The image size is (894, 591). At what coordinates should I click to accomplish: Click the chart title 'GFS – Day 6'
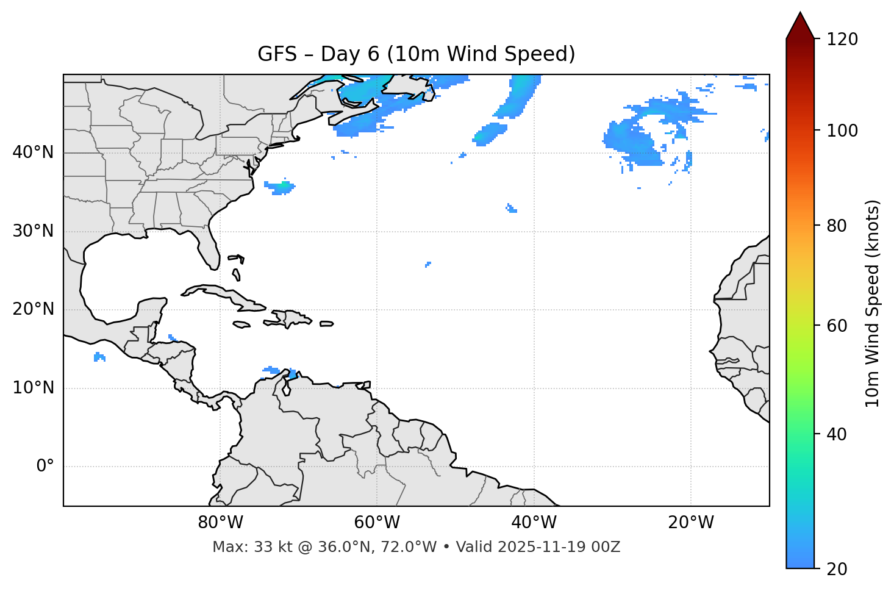tap(416, 54)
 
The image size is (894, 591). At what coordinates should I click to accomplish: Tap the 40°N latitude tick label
tap(33, 152)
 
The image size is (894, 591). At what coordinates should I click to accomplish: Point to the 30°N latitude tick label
tap(33, 231)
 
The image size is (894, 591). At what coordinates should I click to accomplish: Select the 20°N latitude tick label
tap(33, 309)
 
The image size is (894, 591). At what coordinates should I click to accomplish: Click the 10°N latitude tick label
tap(33, 388)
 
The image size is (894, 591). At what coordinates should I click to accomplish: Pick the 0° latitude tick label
tap(45, 467)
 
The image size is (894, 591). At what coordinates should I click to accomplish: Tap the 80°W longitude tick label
tap(220, 523)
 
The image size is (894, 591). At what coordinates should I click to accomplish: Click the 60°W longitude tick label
tap(377, 523)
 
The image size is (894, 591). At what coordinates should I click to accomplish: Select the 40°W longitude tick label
tap(534, 523)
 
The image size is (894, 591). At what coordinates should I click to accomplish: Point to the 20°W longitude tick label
tap(690, 523)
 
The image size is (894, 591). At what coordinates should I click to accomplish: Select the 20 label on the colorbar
tap(837, 569)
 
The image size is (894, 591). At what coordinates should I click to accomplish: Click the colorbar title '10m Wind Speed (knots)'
tap(873, 304)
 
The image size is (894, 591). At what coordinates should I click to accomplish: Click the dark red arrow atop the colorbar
tap(800, 26)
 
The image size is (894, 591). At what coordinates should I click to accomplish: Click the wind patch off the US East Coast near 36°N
tap(281, 187)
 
